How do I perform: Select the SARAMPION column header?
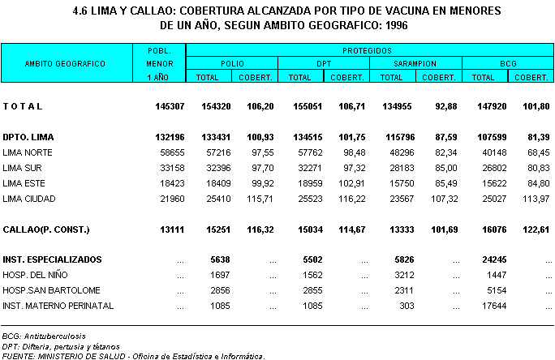(415, 63)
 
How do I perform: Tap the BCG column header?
(507, 63)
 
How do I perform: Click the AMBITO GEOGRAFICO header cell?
(66, 63)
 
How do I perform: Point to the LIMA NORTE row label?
(28, 152)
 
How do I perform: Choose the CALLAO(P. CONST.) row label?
(45, 230)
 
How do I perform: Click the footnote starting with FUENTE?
(133, 355)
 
